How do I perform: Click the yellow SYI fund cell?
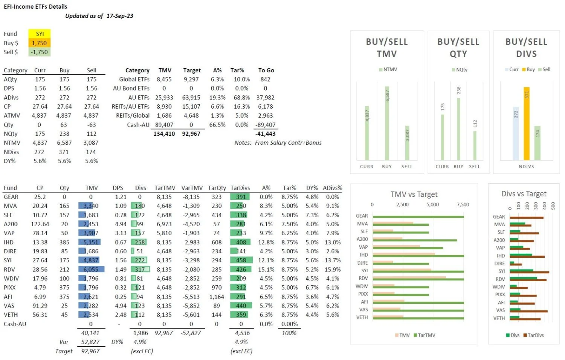[x=40, y=34]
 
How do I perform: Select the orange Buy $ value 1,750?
[x=40, y=43]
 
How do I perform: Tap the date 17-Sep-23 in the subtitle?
[x=119, y=16]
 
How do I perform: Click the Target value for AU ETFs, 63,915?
[x=191, y=97]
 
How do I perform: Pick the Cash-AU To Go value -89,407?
[x=265, y=125]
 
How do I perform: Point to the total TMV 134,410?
[x=164, y=134]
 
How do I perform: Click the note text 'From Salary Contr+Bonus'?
[x=288, y=143]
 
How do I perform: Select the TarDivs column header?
[x=240, y=188]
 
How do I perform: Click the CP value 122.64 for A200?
[x=40, y=224]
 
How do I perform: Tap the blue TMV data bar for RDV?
[x=91, y=270]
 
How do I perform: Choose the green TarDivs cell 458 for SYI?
[x=241, y=260]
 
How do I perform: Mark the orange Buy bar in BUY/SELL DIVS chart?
[x=527, y=124]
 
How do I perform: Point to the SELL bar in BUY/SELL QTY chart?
[x=475, y=145]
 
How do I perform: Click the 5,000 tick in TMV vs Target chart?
[x=432, y=205]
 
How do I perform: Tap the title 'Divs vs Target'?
[x=524, y=194]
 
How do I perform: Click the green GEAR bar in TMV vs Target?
[x=418, y=217]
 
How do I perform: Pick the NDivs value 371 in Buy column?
[x=64, y=152]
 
